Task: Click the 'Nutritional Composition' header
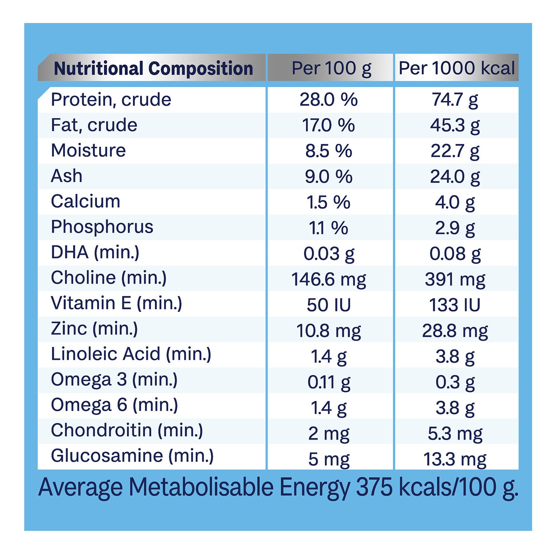click(x=153, y=69)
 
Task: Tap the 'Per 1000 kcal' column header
click(x=456, y=68)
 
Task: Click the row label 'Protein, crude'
click(x=111, y=100)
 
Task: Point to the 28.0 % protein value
click(x=329, y=100)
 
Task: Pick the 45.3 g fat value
click(x=455, y=126)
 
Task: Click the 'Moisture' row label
click(x=88, y=150)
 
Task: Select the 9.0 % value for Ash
click(x=329, y=176)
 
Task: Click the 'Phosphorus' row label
click(x=102, y=227)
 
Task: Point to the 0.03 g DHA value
click(x=329, y=254)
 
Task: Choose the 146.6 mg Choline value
click(x=329, y=279)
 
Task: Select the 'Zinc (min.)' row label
click(x=94, y=329)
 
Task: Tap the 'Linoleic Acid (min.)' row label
click(x=131, y=354)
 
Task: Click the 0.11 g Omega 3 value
click(x=329, y=382)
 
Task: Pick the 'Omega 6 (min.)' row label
click(x=114, y=405)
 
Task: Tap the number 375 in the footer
click(x=374, y=487)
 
